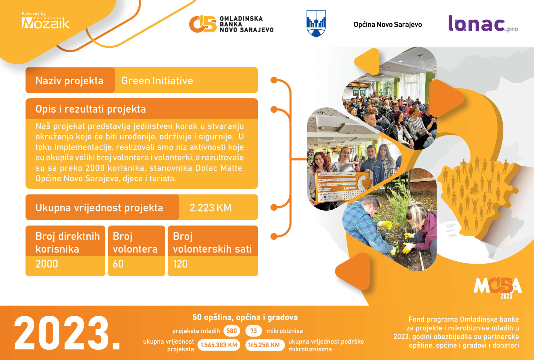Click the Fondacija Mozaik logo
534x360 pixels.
(x=46, y=21)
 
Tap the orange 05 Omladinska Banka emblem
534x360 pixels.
(x=203, y=24)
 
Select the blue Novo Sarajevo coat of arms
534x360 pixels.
(x=316, y=24)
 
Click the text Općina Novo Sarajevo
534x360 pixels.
(x=388, y=25)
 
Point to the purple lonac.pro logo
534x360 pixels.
(x=483, y=24)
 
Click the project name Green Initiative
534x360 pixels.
(x=157, y=81)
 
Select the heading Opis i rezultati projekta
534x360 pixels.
(x=91, y=109)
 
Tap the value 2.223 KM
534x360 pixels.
(x=211, y=208)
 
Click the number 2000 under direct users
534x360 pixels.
(x=47, y=264)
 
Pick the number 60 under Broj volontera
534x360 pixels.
(x=118, y=264)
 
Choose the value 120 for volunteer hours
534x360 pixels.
(x=180, y=264)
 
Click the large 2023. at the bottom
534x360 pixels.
(x=67, y=333)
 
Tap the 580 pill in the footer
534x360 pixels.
(x=232, y=331)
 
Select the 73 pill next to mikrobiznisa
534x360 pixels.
(x=254, y=331)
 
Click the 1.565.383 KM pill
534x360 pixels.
(x=219, y=345)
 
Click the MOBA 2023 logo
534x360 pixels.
(x=498, y=287)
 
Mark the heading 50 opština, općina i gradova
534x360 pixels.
(x=245, y=317)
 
